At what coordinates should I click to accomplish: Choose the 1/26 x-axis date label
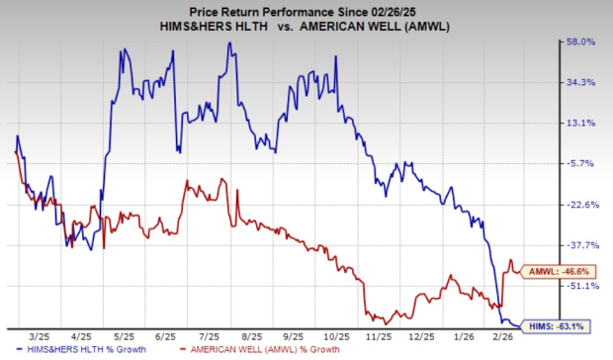(461, 335)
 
